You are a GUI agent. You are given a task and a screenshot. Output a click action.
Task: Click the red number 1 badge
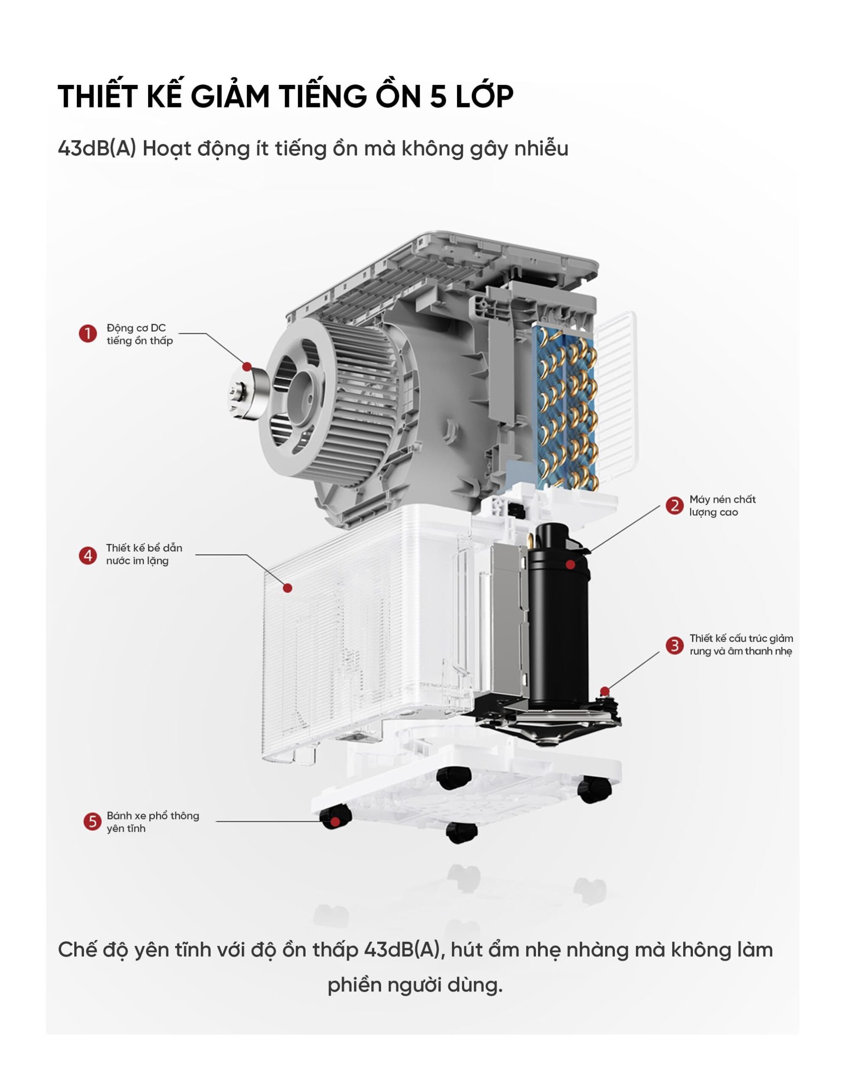pyautogui.click(x=88, y=333)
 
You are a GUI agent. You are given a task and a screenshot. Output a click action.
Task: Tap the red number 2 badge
pyautogui.click(x=674, y=506)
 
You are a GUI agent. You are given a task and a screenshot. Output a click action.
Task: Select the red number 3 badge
pyautogui.click(x=674, y=645)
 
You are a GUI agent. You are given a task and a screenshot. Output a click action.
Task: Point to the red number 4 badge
pyautogui.click(x=88, y=555)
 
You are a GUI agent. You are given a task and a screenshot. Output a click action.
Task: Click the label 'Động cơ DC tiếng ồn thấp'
pyautogui.click(x=139, y=335)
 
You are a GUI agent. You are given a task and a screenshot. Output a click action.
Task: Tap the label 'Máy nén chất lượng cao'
pyautogui.click(x=722, y=506)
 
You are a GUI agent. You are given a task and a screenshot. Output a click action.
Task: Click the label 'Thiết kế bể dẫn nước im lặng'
pyautogui.click(x=144, y=555)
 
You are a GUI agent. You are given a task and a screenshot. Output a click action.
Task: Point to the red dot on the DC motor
pyautogui.click(x=247, y=366)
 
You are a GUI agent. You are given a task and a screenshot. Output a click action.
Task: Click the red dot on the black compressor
pyautogui.click(x=570, y=564)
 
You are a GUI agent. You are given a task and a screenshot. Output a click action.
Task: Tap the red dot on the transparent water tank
pyautogui.click(x=287, y=588)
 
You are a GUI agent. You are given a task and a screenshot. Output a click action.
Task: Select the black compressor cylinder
pyautogui.click(x=557, y=612)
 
